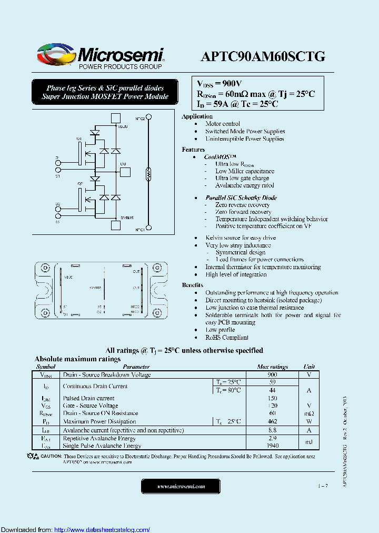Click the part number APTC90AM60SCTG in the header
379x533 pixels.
(263, 56)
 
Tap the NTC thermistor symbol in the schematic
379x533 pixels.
(148, 173)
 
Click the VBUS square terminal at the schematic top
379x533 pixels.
(116, 119)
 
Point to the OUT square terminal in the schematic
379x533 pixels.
(125, 171)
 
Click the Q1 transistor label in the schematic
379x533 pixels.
(79, 139)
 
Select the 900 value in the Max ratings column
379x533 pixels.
(272, 374)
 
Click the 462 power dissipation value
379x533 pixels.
(272, 421)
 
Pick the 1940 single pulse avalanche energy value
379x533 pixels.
(272, 446)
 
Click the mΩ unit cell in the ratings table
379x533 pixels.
(309, 413)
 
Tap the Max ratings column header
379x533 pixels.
(272, 367)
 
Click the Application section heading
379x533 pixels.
(197, 116)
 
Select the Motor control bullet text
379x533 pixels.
(223, 124)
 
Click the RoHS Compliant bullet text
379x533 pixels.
(227, 337)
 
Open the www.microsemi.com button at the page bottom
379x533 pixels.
(181, 486)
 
